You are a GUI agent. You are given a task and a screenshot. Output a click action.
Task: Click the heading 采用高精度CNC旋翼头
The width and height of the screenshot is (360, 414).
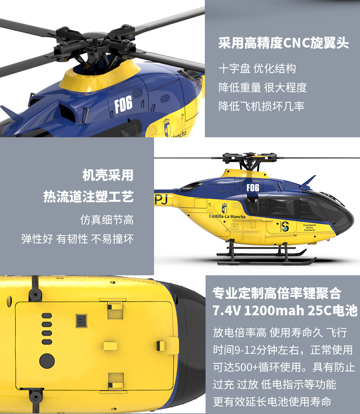pyautogui.click(x=284, y=43)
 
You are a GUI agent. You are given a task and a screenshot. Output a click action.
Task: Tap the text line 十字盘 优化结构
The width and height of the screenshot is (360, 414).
pyautogui.click(x=257, y=69)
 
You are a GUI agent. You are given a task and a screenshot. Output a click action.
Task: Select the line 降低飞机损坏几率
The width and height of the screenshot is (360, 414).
pyautogui.click(x=261, y=106)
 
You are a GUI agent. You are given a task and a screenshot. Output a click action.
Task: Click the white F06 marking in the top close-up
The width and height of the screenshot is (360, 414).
pyautogui.click(x=123, y=104)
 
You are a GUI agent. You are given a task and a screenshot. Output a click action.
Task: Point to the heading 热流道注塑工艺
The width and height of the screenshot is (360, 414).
pyautogui.click(x=89, y=196)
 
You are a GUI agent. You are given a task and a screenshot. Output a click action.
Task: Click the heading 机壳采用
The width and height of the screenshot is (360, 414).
pyautogui.click(x=108, y=175)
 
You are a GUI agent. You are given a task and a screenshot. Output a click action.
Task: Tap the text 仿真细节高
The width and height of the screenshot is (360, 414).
pyautogui.click(x=107, y=220)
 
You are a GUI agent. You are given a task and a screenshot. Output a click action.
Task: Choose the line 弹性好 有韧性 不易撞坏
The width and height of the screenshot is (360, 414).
pyautogui.click(x=77, y=239)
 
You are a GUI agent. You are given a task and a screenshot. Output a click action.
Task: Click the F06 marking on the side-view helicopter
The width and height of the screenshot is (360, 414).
pyautogui.click(x=253, y=188)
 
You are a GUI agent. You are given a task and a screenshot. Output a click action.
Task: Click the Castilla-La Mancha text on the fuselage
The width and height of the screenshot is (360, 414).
pyautogui.click(x=227, y=217)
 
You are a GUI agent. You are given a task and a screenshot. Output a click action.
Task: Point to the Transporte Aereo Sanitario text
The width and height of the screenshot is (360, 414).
pyautogui.click(x=309, y=228)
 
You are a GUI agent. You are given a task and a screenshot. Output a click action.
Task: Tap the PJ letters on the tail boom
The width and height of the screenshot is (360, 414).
pyautogui.click(x=161, y=199)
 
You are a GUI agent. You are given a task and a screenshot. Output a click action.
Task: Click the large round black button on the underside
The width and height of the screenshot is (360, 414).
pyautogui.click(x=47, y=361)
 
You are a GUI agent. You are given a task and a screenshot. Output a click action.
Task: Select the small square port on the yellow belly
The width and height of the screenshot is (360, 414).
pyautogui.click(x=81, y=321)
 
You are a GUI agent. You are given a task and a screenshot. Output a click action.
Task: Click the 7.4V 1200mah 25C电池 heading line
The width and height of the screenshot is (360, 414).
pyautogui.click(x=285, y=311)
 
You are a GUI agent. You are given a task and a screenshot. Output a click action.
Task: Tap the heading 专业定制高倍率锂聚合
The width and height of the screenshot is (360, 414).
pyautogui.click(x=277, y=293)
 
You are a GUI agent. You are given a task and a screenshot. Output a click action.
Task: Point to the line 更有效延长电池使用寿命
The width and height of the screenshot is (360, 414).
pyautogui.click(x=272, y=402)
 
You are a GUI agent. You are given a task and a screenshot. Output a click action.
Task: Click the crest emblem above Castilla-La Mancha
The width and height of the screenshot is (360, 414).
pyautogui.click(x=224, y=208)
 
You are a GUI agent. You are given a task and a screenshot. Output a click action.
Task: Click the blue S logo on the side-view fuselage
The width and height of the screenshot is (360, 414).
pyautogui.click(x=285, y=226)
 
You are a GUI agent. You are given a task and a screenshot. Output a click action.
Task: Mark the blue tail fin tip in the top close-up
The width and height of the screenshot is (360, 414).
pyautogui.click(x=1, y=107)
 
